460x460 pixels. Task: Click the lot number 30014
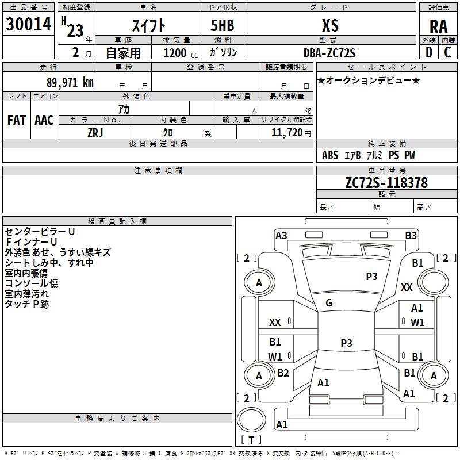(28, 24)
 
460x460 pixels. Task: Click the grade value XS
(330, 25)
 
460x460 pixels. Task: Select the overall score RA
(438, 26)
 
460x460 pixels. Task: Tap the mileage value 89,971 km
(70, 82)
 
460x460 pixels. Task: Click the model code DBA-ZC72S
(329, 53)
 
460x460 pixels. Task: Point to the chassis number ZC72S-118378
(386, 182)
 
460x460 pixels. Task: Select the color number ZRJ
(95, 133)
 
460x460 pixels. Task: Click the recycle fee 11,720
(286, 133)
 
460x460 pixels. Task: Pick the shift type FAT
(17, 120)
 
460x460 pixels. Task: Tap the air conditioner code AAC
(44, 120)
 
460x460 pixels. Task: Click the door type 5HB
(223, 25)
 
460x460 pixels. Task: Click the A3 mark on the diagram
(281, 236)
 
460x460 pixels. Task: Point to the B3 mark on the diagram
(411, 236)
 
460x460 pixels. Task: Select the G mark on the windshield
(329, 303)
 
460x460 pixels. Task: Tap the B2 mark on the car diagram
(283, 373)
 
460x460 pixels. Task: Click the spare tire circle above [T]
(251, 420)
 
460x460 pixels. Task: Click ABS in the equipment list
(330, 155)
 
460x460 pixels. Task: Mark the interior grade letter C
(447, 52)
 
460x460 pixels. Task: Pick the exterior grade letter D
(429, 52)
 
